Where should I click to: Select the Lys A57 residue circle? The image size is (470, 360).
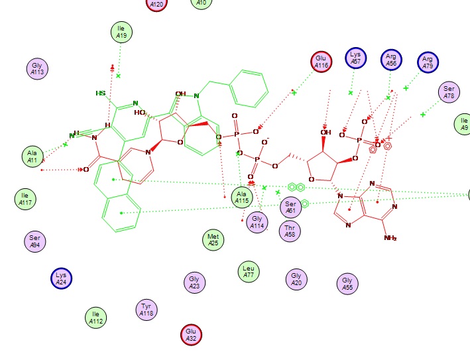(x=356, y=58)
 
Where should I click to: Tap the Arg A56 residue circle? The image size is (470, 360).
(x=391, y=60)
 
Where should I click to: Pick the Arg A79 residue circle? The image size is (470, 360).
(x=428, y=62)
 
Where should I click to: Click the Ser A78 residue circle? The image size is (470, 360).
(x=449, y=93)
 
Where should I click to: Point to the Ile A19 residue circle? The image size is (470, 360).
(x=121, y=32)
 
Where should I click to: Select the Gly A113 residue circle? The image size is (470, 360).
(x=37, y=68)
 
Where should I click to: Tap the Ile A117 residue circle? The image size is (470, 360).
(x=25, y=198)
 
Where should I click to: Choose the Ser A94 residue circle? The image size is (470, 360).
(x=35, y=241)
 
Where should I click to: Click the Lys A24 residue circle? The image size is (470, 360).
(x=61, y=278)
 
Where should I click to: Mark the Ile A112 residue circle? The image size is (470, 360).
(x=95, y=318)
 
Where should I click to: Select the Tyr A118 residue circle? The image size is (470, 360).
(x=147, y=309)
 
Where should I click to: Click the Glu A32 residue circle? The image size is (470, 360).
(x=191, y=335)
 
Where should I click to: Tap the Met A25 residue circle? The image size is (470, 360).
(x=213, y=240)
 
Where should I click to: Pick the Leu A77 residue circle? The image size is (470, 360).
(x=248, y=271)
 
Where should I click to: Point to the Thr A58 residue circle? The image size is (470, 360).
(x=290, y=231)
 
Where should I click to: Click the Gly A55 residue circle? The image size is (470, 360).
(x=347, y=284)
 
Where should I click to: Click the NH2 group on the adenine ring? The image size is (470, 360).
(x=390, y=237)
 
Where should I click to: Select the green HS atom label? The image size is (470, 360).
(x=101, y=93)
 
